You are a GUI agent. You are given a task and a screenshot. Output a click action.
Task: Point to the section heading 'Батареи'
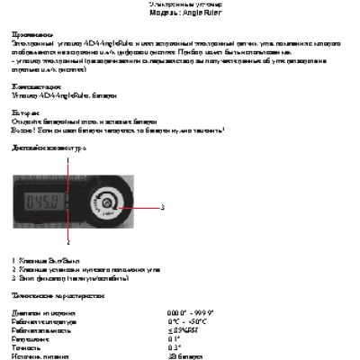coord(25,115)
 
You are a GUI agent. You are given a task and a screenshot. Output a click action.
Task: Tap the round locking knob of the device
coord(108,204)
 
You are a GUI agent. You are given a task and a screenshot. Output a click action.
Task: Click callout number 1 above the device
coord(67,159)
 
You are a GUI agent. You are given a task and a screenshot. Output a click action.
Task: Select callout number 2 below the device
coord(67,242)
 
